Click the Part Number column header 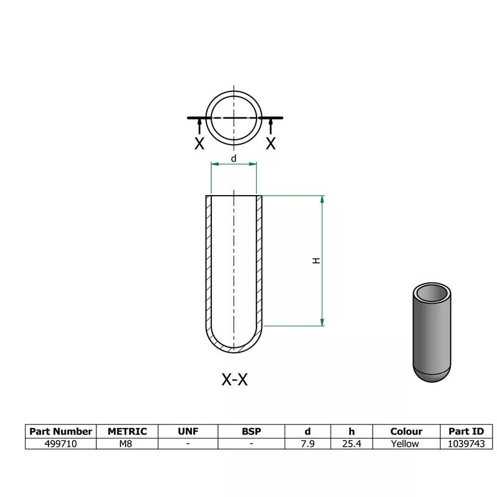point(61,431)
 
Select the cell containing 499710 point(61,444)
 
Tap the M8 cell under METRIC point(127,444)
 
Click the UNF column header point(188,431)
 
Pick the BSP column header point(252,431)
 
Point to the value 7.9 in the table point(308,444)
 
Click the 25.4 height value point(351,444)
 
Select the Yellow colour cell point(406,444)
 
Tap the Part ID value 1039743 point(466,444)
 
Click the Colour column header point(406,431)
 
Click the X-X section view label point(234,380)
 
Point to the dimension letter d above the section point(234,159)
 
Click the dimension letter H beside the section point(316,262)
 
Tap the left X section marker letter point(199,144)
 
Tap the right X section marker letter point(271,144)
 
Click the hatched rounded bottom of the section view point(234,349)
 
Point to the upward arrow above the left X point(199,126)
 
